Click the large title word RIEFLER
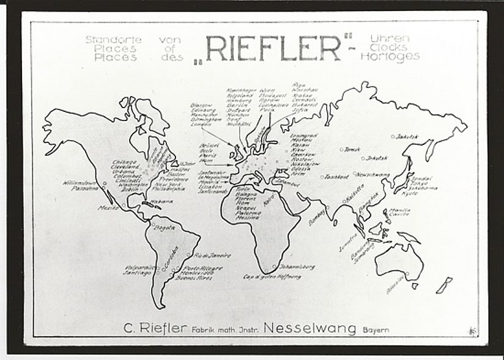point(273,48)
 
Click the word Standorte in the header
point(113,40)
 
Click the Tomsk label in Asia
point(353,149)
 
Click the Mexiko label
point(108,208)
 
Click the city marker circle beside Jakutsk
point(393,136)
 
